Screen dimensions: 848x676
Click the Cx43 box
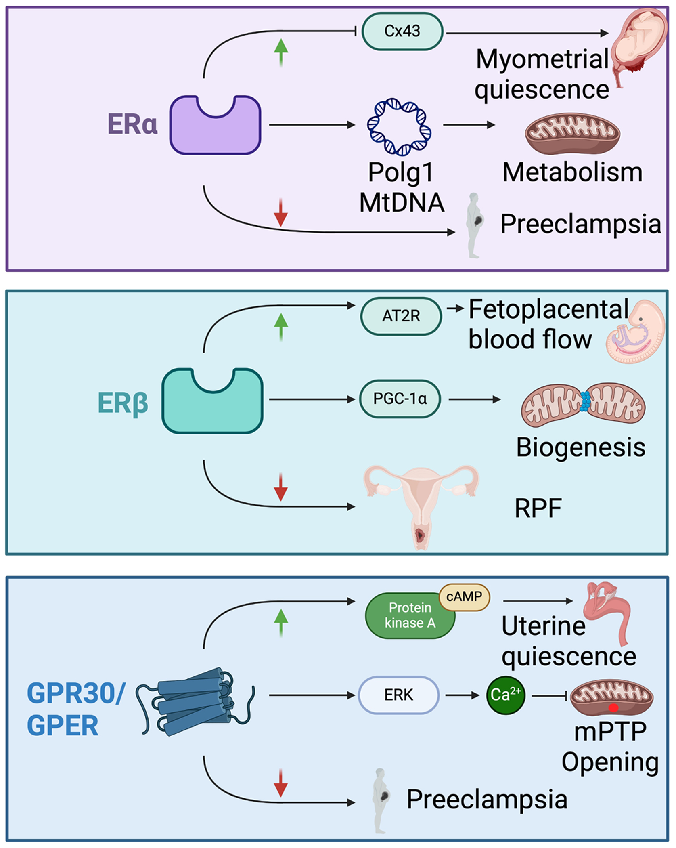[402, 31]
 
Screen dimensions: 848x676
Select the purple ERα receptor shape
[215, 129]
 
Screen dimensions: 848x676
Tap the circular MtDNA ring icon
[399, 127]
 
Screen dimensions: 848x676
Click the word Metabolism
[572, 172]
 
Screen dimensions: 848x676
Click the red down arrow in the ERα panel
[280, 213]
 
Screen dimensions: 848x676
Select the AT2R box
[401, 316]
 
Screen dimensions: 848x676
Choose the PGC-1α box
[400, 399]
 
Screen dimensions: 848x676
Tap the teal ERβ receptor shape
[213, 404]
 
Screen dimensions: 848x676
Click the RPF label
[538, 508]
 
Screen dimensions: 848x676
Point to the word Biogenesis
[580, 447]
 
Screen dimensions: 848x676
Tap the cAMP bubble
[464, 597]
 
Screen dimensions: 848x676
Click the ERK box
[399, 695]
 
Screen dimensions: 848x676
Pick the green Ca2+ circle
[506, 695]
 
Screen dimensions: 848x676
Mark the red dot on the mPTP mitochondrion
[613, 707]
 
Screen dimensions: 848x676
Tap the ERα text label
[132, 124]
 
